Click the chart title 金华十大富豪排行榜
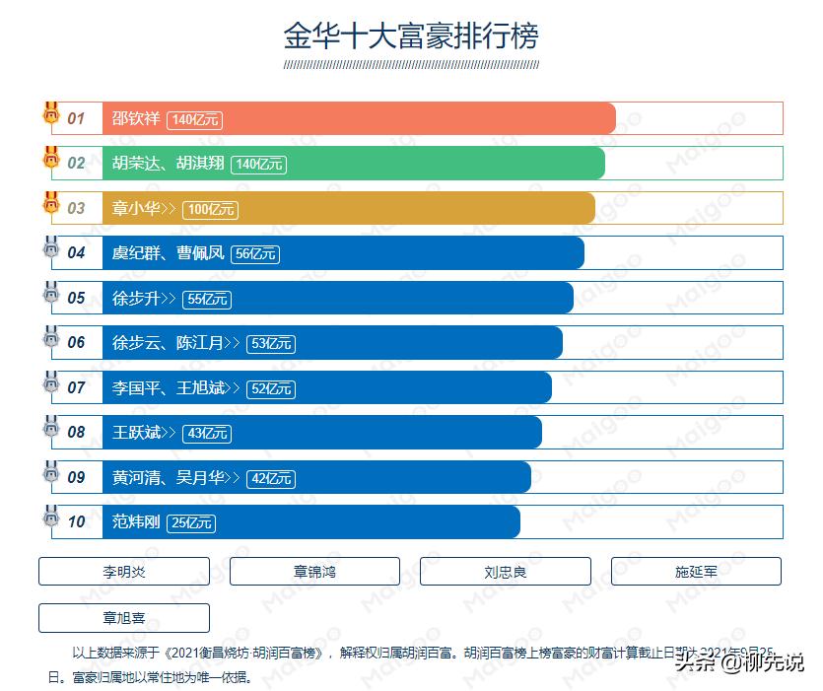coord(411,36)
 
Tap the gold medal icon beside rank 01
coord(51,113)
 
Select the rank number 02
coord(77,164)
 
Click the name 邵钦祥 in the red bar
coord(136,119)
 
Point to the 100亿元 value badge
coord(211,209)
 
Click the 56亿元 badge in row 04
coord(255,254)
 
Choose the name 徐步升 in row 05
coord(136,299)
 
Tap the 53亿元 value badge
coord(271,344)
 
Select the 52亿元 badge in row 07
coord(271,388)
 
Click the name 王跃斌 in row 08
coord(136,433)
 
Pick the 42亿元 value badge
coord(271,478)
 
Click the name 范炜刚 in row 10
coord(136,522)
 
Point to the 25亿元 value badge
coord(191,523)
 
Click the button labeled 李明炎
coord(124,572)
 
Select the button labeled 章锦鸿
coord(314,572)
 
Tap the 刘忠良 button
coord(505,572)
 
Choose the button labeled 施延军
coord(696,572)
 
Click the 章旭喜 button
coord(124,618)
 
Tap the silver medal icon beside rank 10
coord(51,517)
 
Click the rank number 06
coord(77,343)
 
